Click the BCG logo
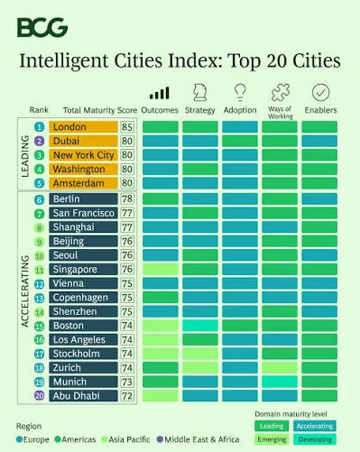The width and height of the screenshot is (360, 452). [42, 27]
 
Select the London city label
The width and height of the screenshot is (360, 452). [83, 127]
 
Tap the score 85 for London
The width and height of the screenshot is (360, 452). [127, 127]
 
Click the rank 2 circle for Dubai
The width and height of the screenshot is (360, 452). [40, 141]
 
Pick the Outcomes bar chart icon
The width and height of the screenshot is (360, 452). [160, 93]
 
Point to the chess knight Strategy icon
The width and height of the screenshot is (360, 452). [200, 92]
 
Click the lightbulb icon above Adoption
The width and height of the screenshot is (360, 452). [240, 92]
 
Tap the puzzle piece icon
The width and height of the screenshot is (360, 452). [281, 92]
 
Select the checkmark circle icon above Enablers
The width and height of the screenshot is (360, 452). [321, 92]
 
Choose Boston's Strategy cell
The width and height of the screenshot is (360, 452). [200, 326]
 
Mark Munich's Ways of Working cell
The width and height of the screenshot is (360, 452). [280, 382]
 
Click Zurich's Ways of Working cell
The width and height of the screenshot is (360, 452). [280, 367]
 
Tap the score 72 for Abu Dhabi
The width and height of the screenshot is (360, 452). [127, 396]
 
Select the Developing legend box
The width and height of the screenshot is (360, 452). [315, 439]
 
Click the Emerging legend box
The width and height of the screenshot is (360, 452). [272, 439]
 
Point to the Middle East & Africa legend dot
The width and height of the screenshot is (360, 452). [160, 439]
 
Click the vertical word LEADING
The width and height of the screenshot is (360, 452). [25, 156]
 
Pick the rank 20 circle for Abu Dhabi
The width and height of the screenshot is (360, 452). [40, 395]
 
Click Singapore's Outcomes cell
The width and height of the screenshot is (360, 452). [161, 269]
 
